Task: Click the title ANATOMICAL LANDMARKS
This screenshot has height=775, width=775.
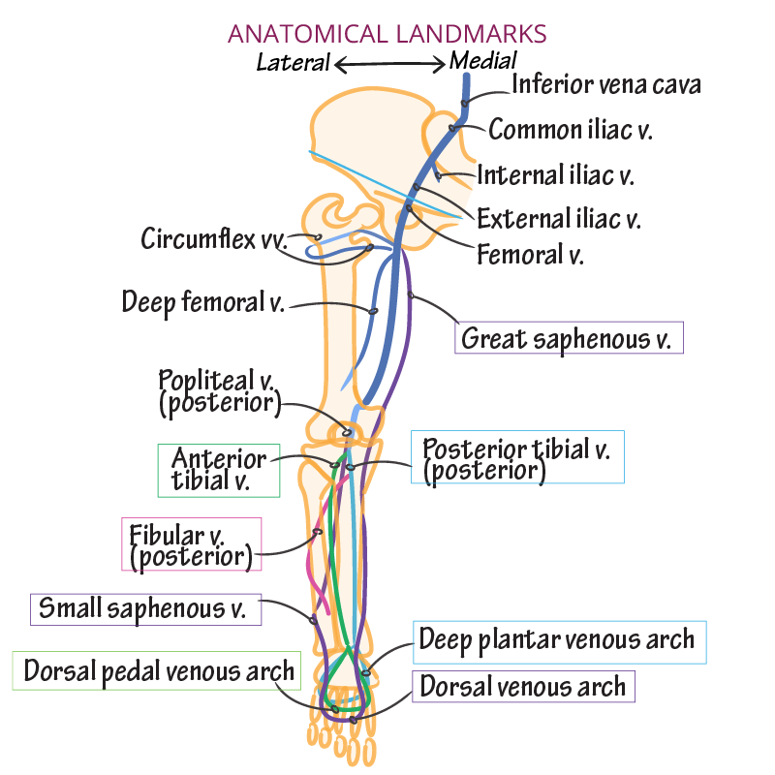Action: [387, 33]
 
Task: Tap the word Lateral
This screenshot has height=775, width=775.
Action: [293, 63]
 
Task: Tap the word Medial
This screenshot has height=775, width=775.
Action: [483, 62]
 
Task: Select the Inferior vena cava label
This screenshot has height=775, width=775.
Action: [605, 84]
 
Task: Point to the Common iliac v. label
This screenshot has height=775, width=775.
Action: [570, 130]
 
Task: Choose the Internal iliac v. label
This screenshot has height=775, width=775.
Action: [555, 175]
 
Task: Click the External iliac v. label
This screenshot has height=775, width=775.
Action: [559, 218]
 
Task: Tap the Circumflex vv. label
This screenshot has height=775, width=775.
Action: [214, 238]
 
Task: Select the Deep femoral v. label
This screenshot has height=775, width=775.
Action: [202, 302]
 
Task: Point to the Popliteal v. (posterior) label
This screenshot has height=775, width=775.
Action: [220, 391]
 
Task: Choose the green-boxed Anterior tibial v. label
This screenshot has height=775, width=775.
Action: [219, 470]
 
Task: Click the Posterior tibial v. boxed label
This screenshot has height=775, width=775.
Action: [517, 458]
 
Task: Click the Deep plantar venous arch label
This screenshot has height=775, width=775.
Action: [557, 640]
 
